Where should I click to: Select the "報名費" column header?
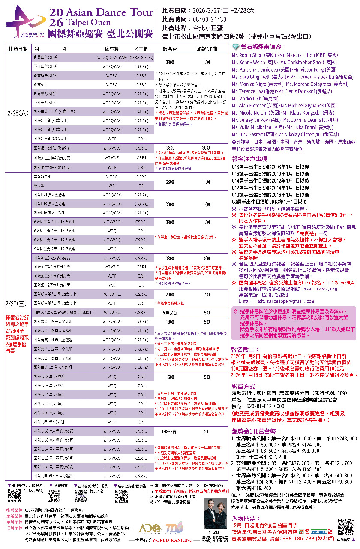coord(170,49)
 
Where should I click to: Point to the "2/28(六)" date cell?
coord(18,113)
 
